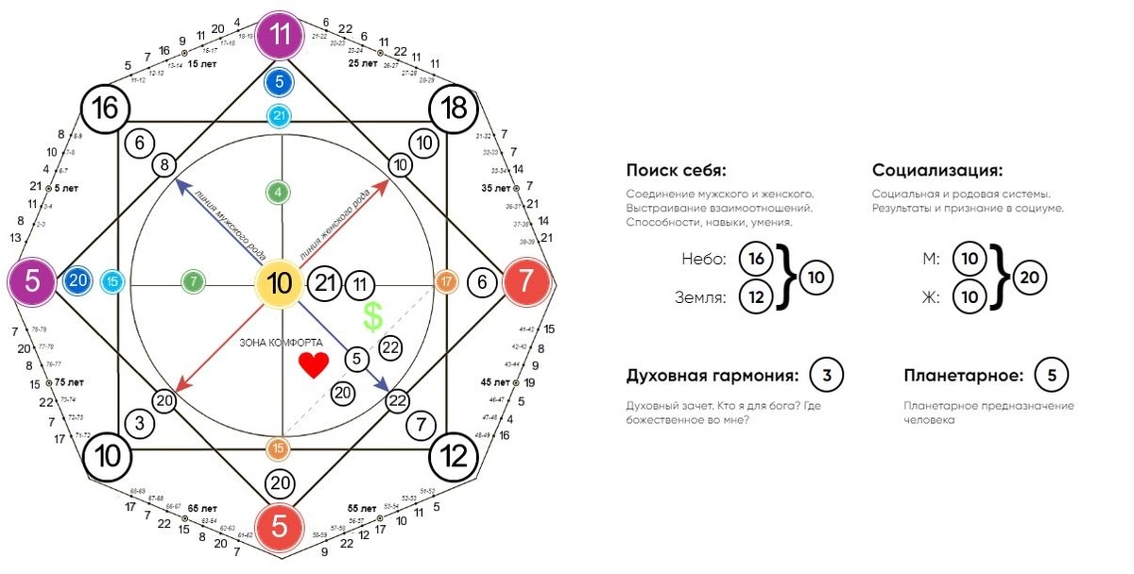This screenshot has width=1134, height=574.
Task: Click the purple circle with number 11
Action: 280,37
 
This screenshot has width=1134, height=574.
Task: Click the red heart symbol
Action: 313,365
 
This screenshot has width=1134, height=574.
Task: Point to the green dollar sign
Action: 373,317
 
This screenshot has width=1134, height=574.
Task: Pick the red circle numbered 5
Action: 280,525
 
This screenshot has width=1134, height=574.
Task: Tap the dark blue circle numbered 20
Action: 79,281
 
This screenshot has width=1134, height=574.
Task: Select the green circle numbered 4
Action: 278,193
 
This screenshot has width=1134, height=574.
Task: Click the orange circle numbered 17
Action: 446,281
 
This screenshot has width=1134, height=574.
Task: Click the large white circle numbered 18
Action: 454,109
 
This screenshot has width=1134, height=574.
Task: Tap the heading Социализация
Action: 936,171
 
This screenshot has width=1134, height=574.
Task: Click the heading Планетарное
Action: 963,376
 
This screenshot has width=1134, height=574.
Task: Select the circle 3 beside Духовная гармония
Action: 826,376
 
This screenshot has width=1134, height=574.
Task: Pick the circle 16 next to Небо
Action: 755,259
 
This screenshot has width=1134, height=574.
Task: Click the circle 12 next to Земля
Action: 755,296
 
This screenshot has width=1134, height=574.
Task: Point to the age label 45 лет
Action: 495,382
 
